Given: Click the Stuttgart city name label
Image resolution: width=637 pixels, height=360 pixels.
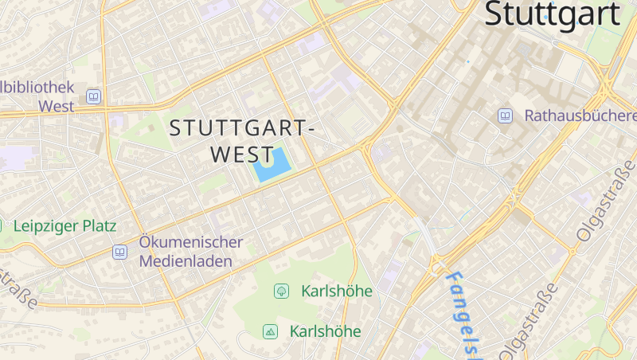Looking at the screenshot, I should pos(552,14).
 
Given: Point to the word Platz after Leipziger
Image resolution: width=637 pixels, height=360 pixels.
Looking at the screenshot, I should pos(99,226).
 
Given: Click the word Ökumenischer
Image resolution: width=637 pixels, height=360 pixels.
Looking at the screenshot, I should pos(190,242).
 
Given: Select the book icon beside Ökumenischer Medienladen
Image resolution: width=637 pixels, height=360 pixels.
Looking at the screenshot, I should pos(119,252).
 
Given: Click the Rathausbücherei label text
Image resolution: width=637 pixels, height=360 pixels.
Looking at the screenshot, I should pos(580,115).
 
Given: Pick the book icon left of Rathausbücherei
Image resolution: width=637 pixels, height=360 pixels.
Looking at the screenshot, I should pos(505,115).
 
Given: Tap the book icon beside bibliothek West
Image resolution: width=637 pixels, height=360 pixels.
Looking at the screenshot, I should pos(94,96).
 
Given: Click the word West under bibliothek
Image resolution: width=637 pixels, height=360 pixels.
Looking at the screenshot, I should pos(56,105).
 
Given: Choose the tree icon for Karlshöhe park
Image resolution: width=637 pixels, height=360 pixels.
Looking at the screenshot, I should pos(281,291).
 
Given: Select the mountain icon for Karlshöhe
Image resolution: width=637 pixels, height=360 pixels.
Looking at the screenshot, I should pos(270,331).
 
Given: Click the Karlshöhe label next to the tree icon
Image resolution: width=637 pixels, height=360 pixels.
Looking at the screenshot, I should pos(337,291).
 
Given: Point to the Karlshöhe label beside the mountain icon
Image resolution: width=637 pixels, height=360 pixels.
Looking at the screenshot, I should pos(325,331).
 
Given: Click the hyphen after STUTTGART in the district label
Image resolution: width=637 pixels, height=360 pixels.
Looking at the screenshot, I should pos(311,128).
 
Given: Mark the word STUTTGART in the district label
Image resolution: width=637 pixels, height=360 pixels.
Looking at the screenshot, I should pos(236,127).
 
